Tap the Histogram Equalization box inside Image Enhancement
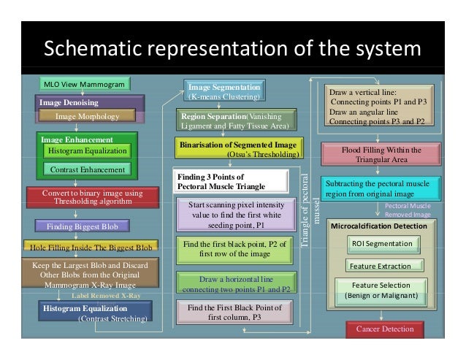click(87, 150)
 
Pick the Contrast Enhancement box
click(87, 169)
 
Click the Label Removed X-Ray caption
click(105, 296)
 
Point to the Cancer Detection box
click(384, 329)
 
